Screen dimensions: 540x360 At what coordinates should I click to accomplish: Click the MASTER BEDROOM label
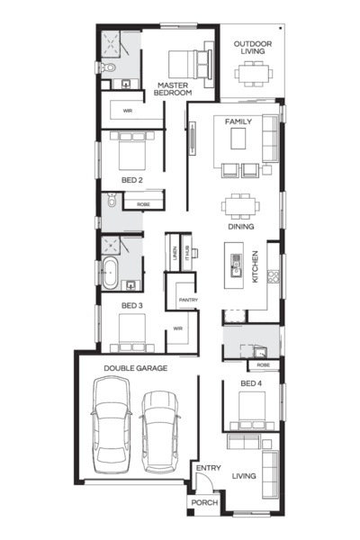(x=172, y=88)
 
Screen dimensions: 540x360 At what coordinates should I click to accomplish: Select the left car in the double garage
(x=112, y=422)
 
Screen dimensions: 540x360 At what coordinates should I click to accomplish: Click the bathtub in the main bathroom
(x=111, y=274)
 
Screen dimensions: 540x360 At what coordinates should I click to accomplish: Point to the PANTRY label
(x=188, y=300)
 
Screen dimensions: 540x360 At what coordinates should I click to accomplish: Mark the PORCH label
(x=205, y=502)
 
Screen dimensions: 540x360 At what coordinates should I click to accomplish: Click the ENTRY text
(x=208, y=467)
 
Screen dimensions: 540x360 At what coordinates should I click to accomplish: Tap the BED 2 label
(x=132, y=181)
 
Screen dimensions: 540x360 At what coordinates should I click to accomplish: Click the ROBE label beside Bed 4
(x=262, y=365)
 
